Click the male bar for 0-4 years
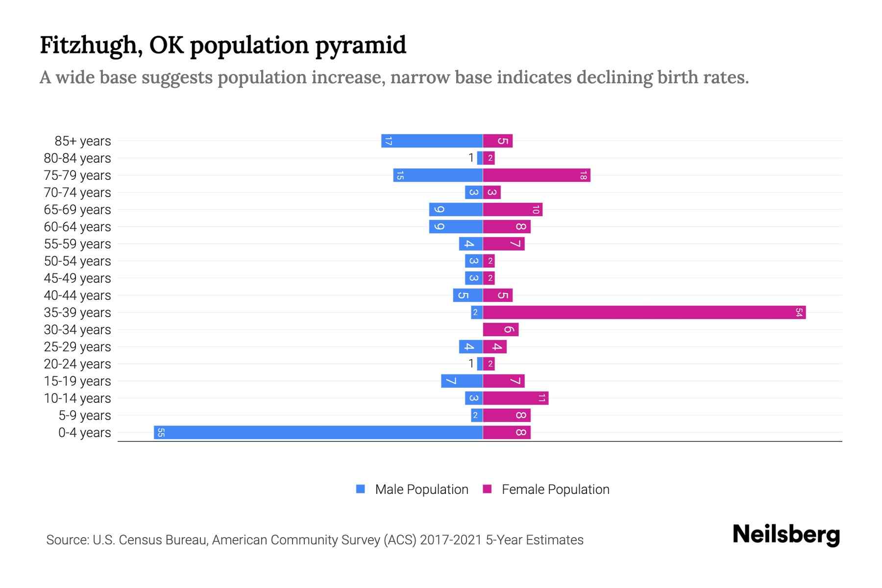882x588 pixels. click(x=318, y=432)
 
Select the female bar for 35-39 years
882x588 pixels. click(x=644, y=312)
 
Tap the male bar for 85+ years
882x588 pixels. click(x=432, y=141)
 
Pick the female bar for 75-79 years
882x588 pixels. click(x=537, y=175)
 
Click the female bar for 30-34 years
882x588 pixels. click(x=501, y=329)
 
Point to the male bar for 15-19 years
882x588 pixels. click(x=462, y=381)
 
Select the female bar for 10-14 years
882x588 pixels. click(x=515, y=398)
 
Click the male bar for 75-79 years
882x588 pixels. click(x=438, y=175)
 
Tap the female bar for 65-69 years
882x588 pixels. click(x=513, y=209)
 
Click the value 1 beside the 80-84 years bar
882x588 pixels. click(x=471, y=158)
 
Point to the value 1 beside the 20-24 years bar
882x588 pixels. click(x=471, y=364)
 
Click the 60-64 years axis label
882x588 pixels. click(x=77, y=227)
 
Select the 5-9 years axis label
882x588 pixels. click(x=85, y=416)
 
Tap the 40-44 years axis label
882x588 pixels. click(x=77, y=295)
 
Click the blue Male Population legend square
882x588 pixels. click(x=361, y=489)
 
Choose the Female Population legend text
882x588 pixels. click(x=555, y=489)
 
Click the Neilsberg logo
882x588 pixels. click(x=786, y=535)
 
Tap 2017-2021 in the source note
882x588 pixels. click(x=451, y=540)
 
